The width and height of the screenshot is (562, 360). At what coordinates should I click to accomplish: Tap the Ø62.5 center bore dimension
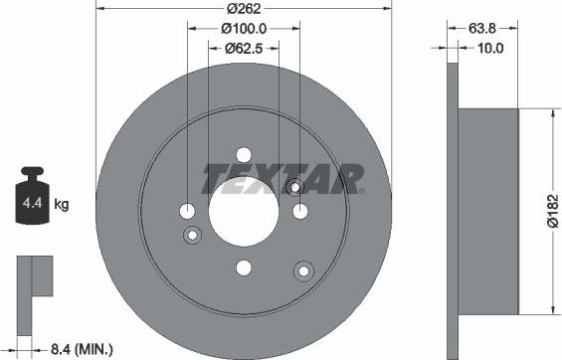click(243, 47)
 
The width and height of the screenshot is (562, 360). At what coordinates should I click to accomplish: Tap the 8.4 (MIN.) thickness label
click(81, 348)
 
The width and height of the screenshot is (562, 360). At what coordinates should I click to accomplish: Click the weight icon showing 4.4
click(29, 204)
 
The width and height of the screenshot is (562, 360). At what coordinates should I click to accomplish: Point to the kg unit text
click(61, 206)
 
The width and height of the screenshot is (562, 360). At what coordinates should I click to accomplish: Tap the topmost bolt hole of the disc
click(244, 155)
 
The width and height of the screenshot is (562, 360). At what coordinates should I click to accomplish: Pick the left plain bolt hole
click(188, 211)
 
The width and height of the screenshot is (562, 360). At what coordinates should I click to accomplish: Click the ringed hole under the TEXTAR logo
click(293, 187)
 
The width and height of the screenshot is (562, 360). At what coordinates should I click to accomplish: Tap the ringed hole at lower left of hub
click(193, 235)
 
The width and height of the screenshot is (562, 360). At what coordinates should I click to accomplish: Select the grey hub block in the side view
click(487, 211)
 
